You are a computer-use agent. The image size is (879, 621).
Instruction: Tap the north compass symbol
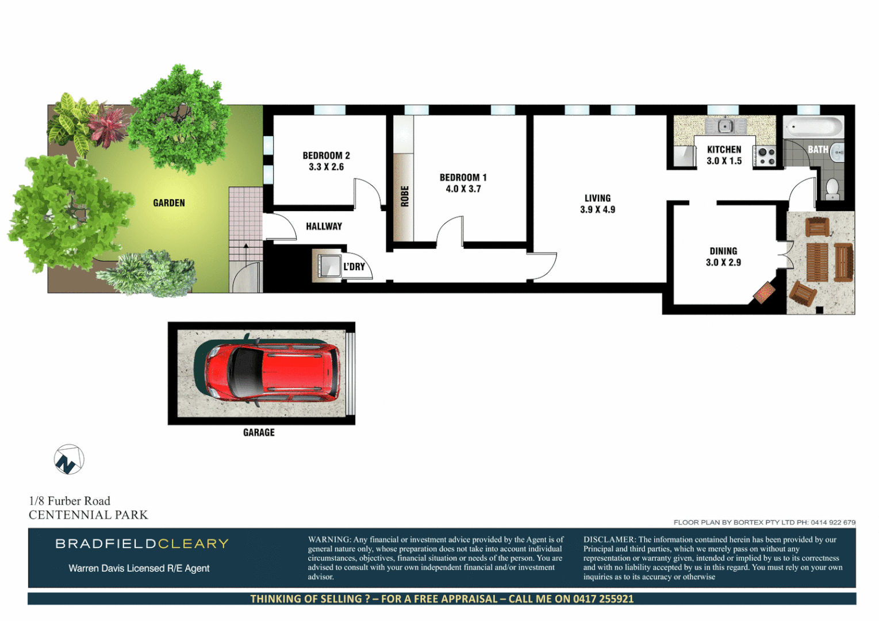(69, 460)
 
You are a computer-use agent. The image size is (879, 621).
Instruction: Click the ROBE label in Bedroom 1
(405, 196)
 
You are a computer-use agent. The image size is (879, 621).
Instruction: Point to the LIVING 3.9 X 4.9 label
(597, 204)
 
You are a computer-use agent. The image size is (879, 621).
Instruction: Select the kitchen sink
(724, 125)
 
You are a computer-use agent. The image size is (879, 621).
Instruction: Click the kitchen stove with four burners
(766, 156)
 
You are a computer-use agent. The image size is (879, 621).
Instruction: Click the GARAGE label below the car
(259, 432)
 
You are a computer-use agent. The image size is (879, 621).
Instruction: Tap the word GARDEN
(169, 203)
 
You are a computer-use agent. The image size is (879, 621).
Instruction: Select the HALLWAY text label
(324, 227)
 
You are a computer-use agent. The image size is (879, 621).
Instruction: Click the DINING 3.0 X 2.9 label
(723, 256)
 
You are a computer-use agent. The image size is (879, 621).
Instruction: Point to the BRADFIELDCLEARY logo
(142, 544)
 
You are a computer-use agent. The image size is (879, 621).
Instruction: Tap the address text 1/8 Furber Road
(70, 501)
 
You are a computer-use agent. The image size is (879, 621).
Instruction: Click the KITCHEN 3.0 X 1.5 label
(724, 155)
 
